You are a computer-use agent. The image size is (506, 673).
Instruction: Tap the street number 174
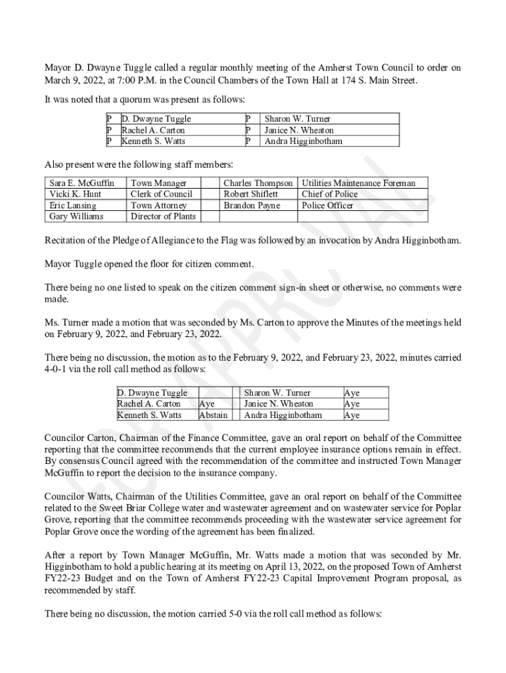tap(363, 80)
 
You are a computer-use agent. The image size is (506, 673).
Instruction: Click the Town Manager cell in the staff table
tap(159, 183)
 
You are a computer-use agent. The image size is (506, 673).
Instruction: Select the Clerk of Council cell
tap(162, 195)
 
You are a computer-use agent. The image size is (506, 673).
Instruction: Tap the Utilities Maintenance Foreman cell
tap(358, 183)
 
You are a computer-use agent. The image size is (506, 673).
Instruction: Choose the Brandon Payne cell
tap(252, 206)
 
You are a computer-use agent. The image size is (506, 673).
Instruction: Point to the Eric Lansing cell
tap(73, 206)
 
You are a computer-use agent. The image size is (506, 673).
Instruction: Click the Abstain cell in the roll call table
tap(213, 415)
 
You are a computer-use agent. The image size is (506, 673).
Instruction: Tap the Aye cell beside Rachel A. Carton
tap(206, 404)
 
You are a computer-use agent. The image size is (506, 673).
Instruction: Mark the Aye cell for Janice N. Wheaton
tap(352, 404)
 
